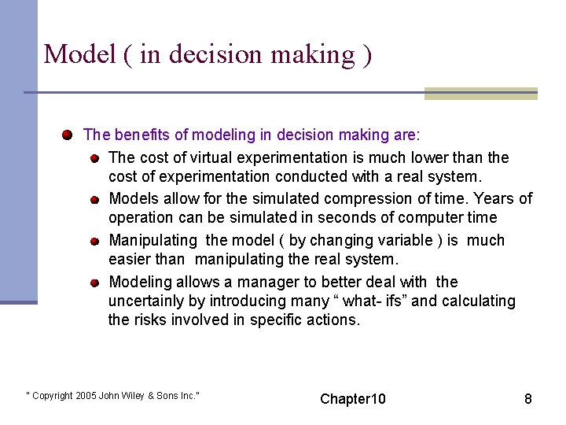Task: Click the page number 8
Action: tap(528, 399)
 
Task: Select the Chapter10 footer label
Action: tap(353, 399)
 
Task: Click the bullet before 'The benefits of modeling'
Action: tap(69, 134)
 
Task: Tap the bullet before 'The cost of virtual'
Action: tap(94, 158)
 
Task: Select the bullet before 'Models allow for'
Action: tap(94, 200)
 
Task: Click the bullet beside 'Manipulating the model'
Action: tap(94, 241)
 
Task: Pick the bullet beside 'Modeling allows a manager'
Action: tap(94, 283)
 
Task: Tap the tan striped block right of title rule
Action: tap(480, 94)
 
